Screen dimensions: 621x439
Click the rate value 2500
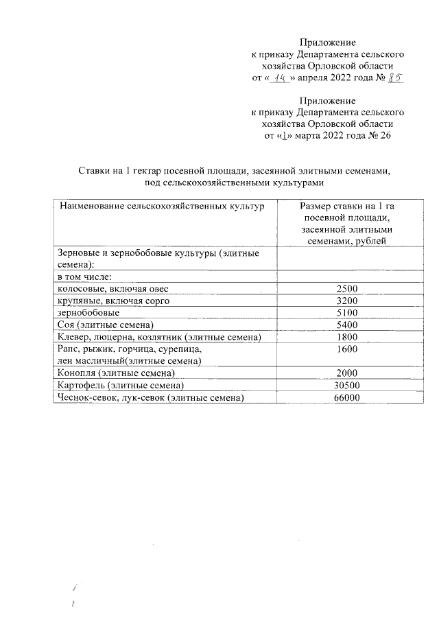click(347, 288)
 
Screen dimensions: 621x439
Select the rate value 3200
click(347, 301)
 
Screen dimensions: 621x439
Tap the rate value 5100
click(347, 312)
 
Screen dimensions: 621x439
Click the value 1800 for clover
click(347, 337)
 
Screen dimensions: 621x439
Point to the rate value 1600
click(347, 349)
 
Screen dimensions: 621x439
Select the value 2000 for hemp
click(347, 373)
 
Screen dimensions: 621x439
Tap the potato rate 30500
click(347, 386)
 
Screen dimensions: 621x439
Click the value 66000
click(347, 398)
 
